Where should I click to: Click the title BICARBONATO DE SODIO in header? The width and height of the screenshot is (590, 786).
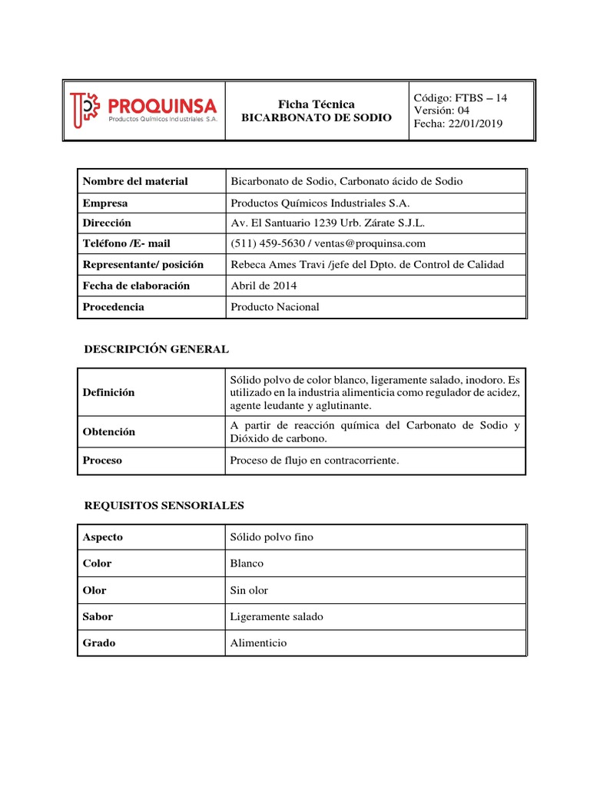pos(316,117)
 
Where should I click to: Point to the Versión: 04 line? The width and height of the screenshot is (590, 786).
pos(441,111)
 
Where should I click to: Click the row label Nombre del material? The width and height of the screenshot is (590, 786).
pos(135,181)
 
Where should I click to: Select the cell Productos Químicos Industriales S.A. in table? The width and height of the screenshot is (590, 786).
pos(320,203)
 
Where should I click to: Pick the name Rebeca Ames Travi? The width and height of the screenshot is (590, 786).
pos(275,264)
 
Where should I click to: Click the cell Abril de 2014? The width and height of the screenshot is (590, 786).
pos(264,286)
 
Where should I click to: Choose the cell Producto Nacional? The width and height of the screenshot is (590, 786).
pos(274,306)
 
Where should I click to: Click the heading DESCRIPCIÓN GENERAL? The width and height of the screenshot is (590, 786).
pos(156,349)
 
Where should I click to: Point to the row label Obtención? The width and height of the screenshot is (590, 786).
pos(108,431)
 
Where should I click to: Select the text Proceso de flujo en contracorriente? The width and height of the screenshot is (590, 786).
pos(315,461)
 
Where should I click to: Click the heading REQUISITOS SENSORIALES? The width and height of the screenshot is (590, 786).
pos(163,505)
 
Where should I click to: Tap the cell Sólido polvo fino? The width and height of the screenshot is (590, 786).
pos(272,537)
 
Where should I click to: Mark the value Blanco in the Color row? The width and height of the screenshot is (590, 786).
pos(247,563)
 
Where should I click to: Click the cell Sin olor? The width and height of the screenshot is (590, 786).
pos(249,590)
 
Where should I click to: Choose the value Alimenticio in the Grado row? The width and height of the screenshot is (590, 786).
pos(258,642)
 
